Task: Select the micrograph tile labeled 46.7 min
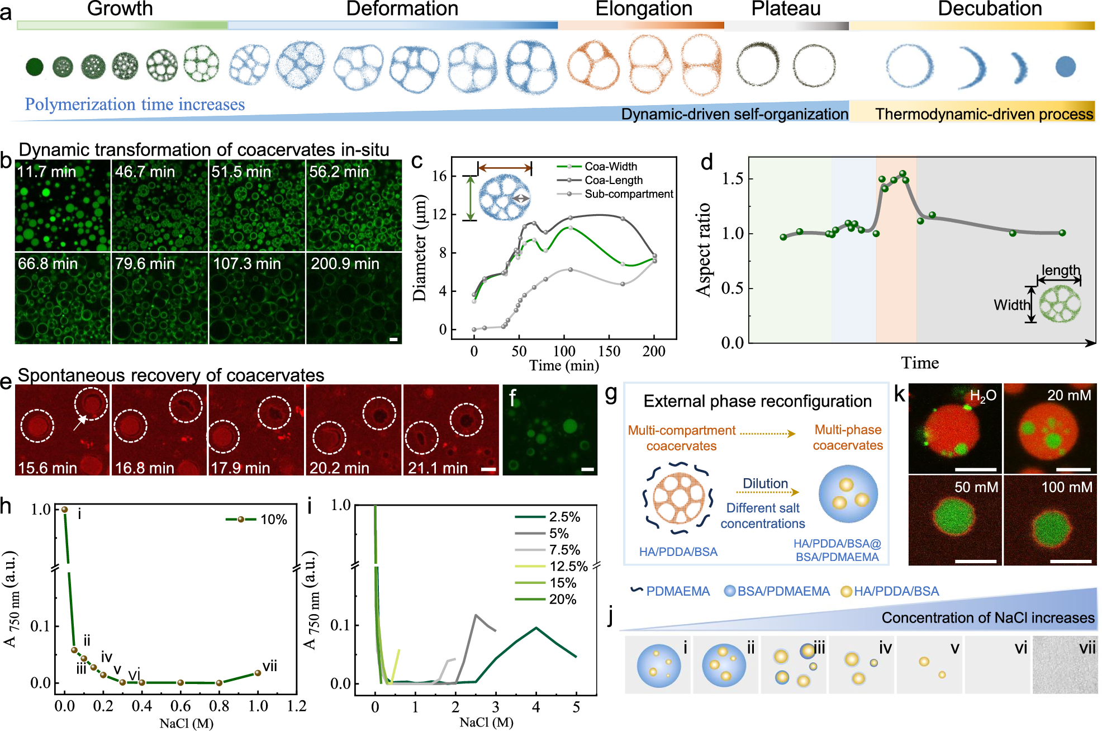pyautogui.click(x=160, y=205)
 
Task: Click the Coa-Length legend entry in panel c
pyautogui.click(x=613, y=180)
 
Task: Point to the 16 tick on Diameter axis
pyautogui.click(x=439, y=176)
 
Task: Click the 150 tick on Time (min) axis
pyautogui.click(x=609, y=351)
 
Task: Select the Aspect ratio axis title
pyautogui.click(x=704, y=249)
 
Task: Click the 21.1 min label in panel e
pyautogui.click(x=438, y=468)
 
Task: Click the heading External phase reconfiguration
pyautogui.click(x=757, y=401)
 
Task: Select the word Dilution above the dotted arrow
pyautogui.click(x=765, y=483)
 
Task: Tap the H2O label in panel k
pyautogui.click(x=983, y=396)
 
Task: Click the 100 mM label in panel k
pyautogui.click(x=1066, y=487)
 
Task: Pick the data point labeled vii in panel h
pyautogui.click(x=258, y=673)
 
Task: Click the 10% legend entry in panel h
pyautogui.click(x=273, y=520)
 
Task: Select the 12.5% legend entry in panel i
pyautogui.click(x=568, y=567)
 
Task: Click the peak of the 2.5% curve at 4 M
pyautogui.click(x=536, y=628)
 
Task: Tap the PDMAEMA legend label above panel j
pyautogui.click(x=677, y=591)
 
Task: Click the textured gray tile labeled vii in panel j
pyautogui.click(x=1065, y=664)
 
